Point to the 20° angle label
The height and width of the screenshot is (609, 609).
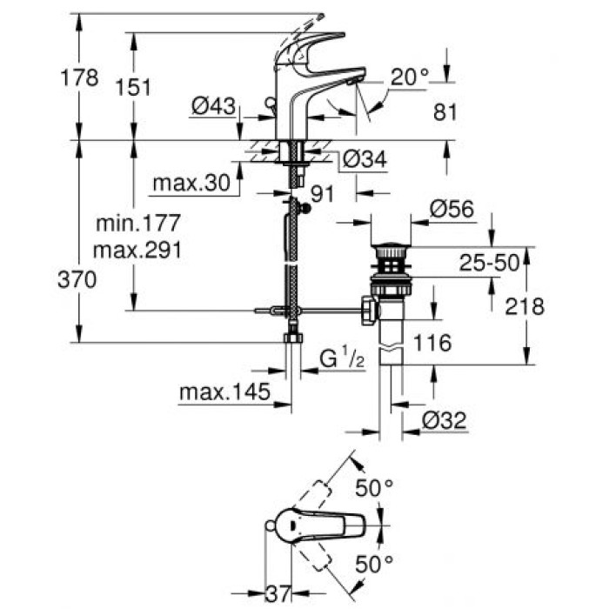click(x=410, y=77)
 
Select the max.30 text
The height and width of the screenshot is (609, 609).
click(x=193, y=184)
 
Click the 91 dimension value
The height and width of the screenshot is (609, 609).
click(x=323, y=194)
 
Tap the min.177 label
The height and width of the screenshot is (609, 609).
click(x=137, y=224)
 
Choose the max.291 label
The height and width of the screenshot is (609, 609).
click(x=139, y=251)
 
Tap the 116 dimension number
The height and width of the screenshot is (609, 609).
click(x=433, y=344)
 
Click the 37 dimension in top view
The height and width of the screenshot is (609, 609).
click(x=278, y=594)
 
